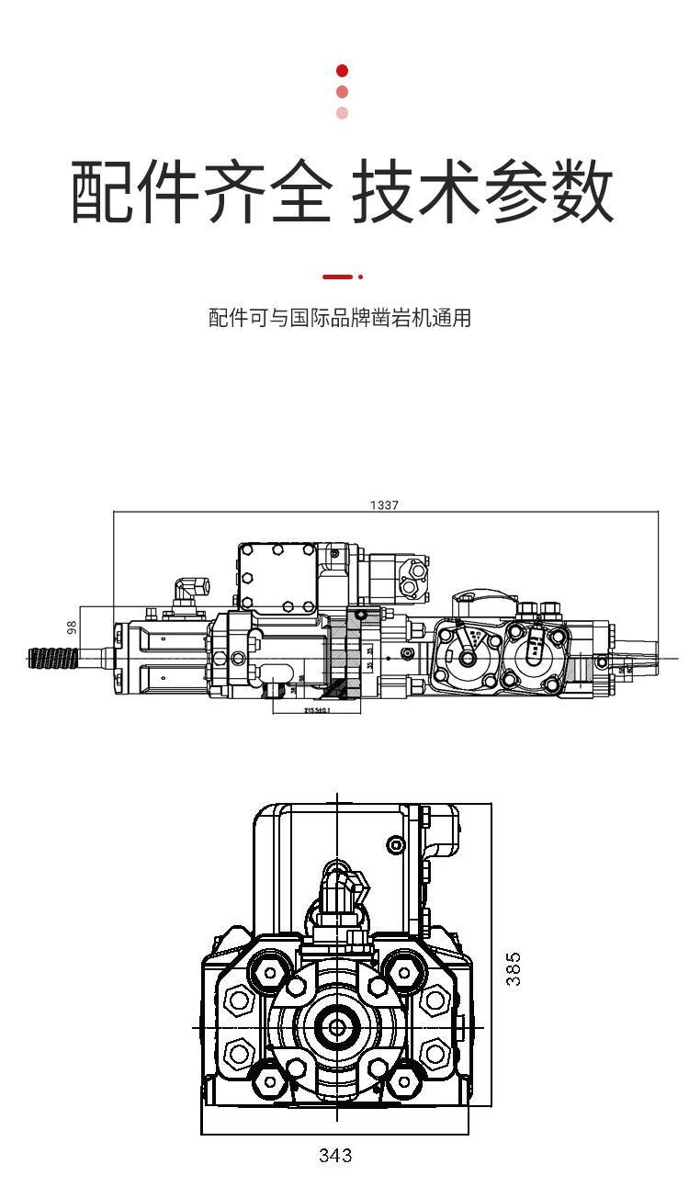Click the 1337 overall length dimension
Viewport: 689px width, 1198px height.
(384, 505)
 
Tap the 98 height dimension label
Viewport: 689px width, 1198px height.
(73, 628)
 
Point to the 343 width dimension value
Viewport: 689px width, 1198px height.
(335, 1155)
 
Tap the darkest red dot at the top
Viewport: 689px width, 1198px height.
(343, 71)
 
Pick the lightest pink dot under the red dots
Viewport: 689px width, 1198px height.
(343, 113)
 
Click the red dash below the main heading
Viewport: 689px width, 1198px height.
(337, 276)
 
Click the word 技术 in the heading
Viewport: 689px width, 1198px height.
(417, 192)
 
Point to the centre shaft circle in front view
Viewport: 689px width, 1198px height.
(336, 1025)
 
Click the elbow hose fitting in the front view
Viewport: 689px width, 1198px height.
(341, 887)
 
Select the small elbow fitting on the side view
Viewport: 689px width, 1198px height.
(191, 589)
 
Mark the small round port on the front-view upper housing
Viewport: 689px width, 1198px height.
(396, 844)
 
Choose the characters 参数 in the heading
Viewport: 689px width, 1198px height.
(550, 192)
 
